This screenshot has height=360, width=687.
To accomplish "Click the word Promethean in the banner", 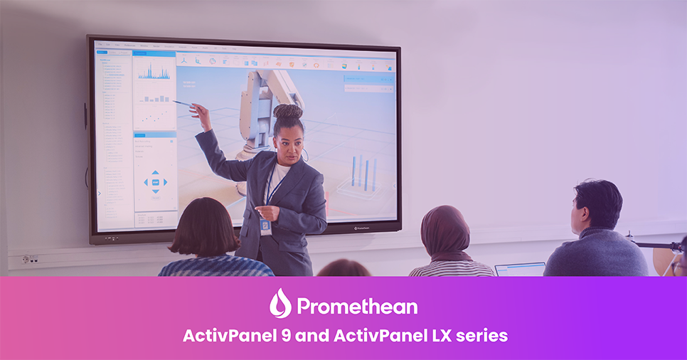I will pyautogui.click(x=357, y=306).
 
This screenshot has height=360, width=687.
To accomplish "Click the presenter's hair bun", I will pyautogui.click(x=287, y=112).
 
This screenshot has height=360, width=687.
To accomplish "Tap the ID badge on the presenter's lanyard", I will pyautogui.click(x=265, y=226).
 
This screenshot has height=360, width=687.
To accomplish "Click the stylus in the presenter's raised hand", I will pyautogui.click(x=182, y=104).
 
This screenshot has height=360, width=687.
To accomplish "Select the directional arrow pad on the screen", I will pyautogui.click(x=155, y=182).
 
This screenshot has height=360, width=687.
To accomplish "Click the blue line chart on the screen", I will pyautogui.click(x=154, y=70).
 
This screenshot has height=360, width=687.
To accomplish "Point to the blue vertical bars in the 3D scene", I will pyautogui.click(x=363, y=172).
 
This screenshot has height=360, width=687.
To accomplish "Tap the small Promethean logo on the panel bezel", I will pyautogui.click(x=364, y=228).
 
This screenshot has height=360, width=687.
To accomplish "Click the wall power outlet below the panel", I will pyautogui.click(x=30, y=259).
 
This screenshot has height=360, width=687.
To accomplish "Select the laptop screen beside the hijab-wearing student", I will pyautogui.click(x=520, y=269).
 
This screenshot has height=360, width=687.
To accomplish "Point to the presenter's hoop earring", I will pyautogui.click(x=305, y=154).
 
